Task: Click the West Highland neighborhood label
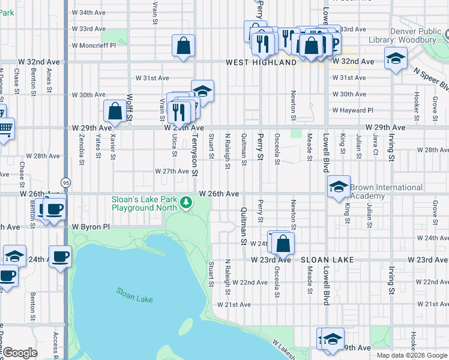pyautogui.click(x=261, y=62)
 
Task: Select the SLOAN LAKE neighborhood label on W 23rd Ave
pyautogui.click(x=327, y=260)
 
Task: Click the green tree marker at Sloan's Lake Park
pyautogui.click(x=187, y=204)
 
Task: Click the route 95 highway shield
pyautogui.click(x=64, y=182)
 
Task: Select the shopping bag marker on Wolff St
pyautogui.click(x=115, y=111)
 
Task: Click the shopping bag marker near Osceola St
pyautogui.click(x=283, y=243)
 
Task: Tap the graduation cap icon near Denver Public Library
pyautogui.click(x=395, y=59)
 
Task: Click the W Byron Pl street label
pyautogui.click(x=91, y=227)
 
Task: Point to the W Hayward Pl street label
pyautogui.click(x=353, y=110)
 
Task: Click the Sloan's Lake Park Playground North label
pyautogui.click(x=144, y=203)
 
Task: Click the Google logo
pyautogui.click(x=20, y=353)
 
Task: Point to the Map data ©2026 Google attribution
pyautogui.click(x=411, y=355)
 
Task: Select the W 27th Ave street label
pyautogui.click(x=172, y=171)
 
